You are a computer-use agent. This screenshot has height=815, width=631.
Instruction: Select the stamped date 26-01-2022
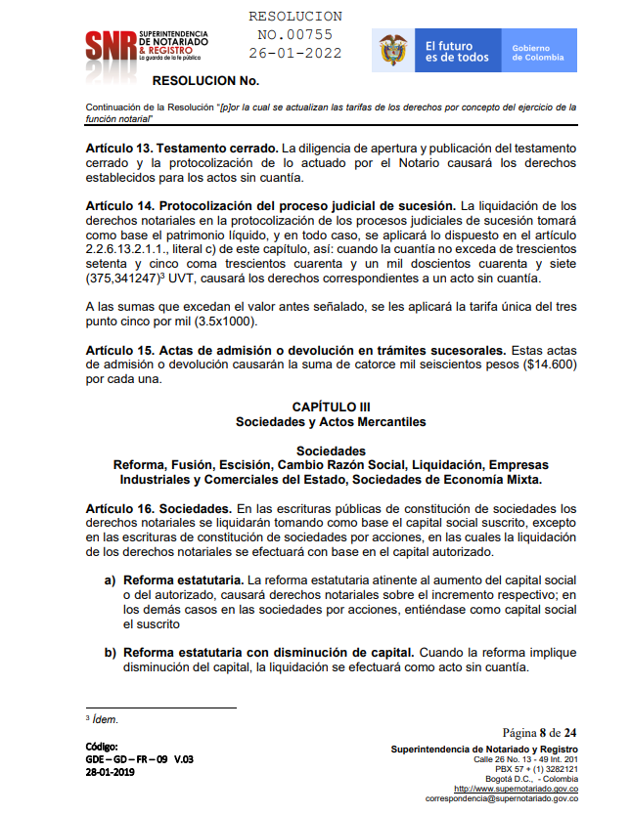295,52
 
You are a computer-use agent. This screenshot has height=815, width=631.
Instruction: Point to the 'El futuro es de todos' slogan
456,51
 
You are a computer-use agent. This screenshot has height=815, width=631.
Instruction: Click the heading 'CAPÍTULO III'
331,406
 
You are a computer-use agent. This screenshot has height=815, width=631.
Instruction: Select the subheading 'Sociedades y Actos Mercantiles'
331,422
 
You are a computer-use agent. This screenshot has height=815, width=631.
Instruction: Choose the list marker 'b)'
112,652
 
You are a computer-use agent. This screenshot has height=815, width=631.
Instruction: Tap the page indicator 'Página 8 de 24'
539,732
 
